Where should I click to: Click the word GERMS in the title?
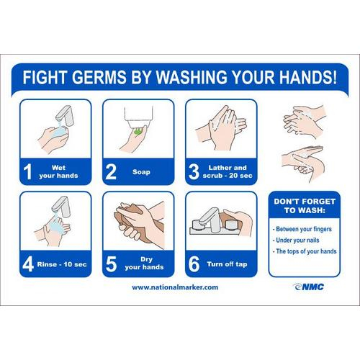click(99, 77)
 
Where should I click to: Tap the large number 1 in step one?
click(28, 171)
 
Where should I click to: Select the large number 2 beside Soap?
click(111, 171)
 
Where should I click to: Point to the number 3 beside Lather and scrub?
click(194, 171)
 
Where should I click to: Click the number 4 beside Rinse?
click(28, 264)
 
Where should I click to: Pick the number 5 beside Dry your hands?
click(111, 264)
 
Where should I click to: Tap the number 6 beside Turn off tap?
click(194, 264)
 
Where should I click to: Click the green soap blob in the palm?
click(138, 131)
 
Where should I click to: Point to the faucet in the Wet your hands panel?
click(65, 116)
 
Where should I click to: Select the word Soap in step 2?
click(141, 172)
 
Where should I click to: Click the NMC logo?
click(308, 287)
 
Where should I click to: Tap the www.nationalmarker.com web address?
click(175, 287)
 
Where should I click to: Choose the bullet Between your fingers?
click(302, 229)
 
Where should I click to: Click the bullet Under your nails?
click(296, 240)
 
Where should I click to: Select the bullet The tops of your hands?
click(305, 251)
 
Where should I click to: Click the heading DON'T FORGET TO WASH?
click(305, 206)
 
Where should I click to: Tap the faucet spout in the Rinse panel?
click(61, 207)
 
